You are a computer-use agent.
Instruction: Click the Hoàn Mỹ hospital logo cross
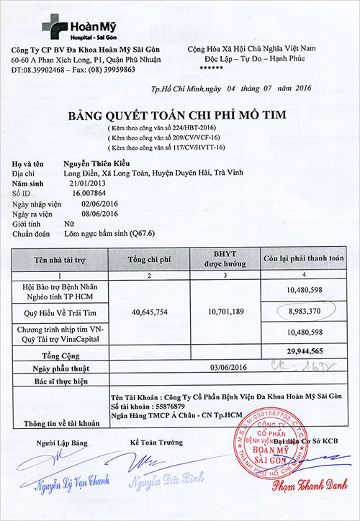55,25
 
